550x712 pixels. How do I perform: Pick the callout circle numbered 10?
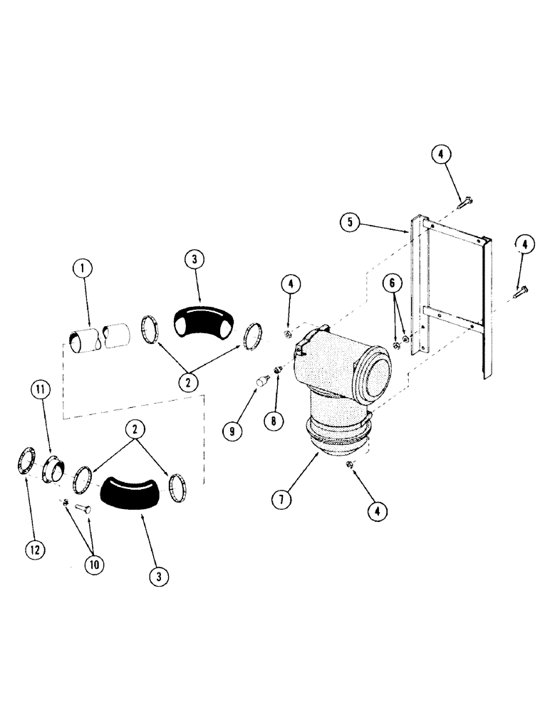coord(93,565)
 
